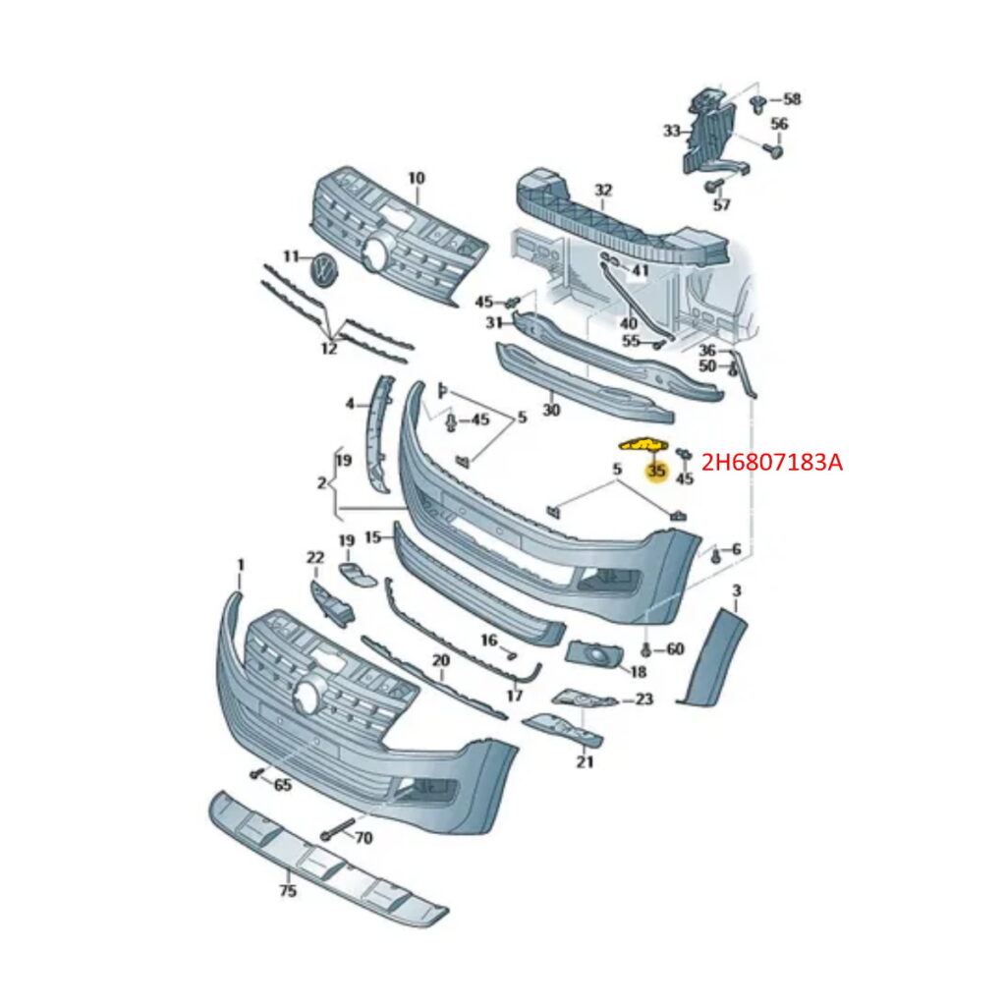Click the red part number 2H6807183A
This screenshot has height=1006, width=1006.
click(x=772, y=462)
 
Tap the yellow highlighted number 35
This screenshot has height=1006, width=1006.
click(x=656, y=472)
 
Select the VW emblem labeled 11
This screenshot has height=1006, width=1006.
click(x=324, y=268)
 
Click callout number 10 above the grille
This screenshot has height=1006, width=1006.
click(x=417, y=178)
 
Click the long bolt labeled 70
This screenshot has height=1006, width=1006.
click(x=337, y=829)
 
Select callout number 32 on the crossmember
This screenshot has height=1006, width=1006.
click(x=603, y=190)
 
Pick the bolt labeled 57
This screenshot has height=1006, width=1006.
click(x=712, y=186)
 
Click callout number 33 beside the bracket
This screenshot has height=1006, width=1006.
click(x=672, y=131)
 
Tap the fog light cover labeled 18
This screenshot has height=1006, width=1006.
click(x=593, y=653)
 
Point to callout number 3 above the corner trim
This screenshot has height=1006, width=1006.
click(x=737, y=590)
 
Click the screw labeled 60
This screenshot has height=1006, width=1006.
click(x=646, y=650)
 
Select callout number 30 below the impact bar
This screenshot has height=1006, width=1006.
click(x=551, y=410)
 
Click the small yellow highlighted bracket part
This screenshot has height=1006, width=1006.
click(x=643, y=444)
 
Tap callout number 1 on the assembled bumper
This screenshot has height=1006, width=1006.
click(x=241, y=565)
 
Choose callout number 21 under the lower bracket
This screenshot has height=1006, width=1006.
click(x=584, y=761)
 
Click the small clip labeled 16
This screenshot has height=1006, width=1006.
click(x=511, y=655)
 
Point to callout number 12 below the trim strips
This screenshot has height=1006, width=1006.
click(x=328, y=349)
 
